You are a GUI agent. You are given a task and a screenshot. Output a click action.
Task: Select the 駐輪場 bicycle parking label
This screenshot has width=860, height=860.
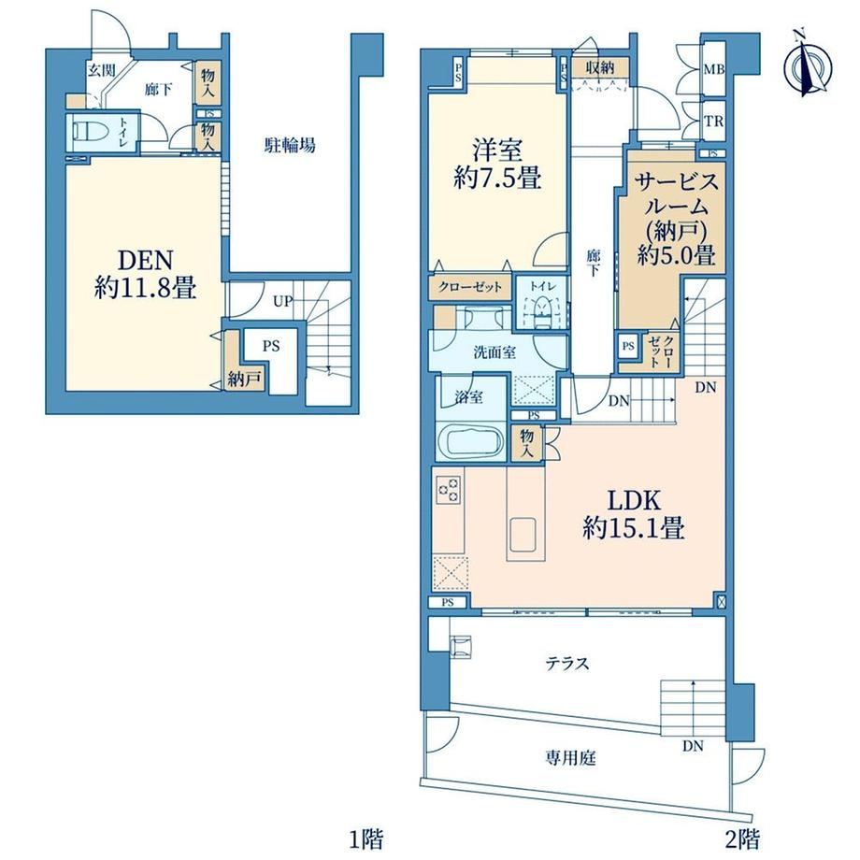(x=290, y=146)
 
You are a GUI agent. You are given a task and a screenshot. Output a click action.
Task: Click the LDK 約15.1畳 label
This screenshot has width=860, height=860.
(x=633, y=514)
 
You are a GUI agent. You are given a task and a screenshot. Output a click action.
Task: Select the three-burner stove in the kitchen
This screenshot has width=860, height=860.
(x=448, y=489)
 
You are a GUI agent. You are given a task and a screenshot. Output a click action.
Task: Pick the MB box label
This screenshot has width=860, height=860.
(x=714, y=70)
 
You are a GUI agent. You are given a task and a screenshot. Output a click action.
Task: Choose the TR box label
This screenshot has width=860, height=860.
(x=713, y=122)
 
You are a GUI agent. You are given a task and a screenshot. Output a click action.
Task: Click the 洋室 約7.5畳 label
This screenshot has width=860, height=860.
(x=497, y=164)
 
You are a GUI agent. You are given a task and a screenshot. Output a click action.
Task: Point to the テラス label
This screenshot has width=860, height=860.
(x=567, y=664)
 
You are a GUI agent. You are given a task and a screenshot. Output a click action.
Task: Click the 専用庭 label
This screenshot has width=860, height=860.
(x=570, y=758)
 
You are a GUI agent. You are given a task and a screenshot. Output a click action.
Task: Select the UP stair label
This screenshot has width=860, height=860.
(x=283, y=301)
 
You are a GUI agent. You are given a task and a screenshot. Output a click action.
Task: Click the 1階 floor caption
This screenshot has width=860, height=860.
(x=366, y=838)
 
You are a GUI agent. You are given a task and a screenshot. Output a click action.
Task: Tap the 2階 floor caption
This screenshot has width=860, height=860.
(x=742, y=838)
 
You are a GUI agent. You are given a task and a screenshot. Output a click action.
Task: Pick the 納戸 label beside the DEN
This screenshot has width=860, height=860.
(x=244, y=380)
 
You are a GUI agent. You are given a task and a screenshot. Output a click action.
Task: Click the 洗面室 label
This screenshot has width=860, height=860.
(x=494, y=351)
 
